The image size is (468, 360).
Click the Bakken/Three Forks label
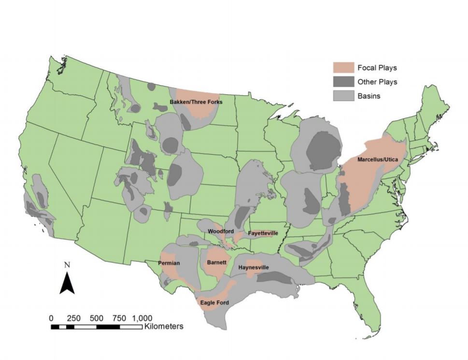pyautogui.click(x=196, y=102)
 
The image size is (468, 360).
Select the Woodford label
pyautogui.click(x=221, y=231)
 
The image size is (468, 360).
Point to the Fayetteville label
pyautogui.click(x=263, y=233)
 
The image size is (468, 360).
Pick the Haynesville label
pyautogui.click(x=254, y=267)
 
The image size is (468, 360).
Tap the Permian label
pyautogui.click(x=169, y=263)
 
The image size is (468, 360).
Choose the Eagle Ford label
pyautogui.click(x=214, y=303)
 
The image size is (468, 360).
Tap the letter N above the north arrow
pyautogui.click(x=67, y=265)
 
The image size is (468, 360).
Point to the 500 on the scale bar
pyautogui.click(x=97, y=318)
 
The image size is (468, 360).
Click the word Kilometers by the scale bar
pyautogui.click(x=163, y=327)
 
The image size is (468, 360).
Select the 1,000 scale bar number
pyautogui.click(x=142, y=318)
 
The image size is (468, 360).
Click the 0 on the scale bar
pyautogui.click(x=52, y=318)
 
